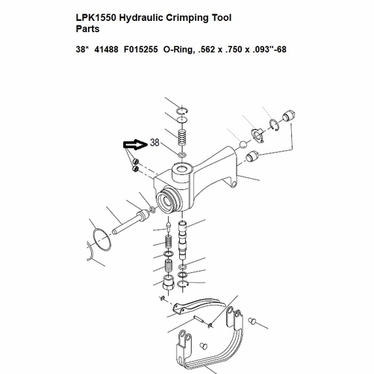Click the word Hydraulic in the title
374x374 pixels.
(x=140, y=18)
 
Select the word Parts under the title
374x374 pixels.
(x=87, y=29)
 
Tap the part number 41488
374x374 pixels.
(x=106, y=49)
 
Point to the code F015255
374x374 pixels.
(x=141, y=49)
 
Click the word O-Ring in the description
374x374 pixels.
(x=178, y=49)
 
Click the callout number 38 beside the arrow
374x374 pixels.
(x=155, y=142)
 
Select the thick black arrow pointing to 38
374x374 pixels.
(x=135, y=145)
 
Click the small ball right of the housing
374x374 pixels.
(x=243, y=144)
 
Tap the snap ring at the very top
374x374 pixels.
(x=182, y=111)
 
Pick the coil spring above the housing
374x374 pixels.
(x=183, y=138)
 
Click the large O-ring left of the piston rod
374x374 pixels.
(x=102, y=239)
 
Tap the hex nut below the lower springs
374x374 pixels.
(x=168, y=283)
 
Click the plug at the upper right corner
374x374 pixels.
(x=289, y=116)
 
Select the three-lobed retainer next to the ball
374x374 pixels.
(x=258, y=135)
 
